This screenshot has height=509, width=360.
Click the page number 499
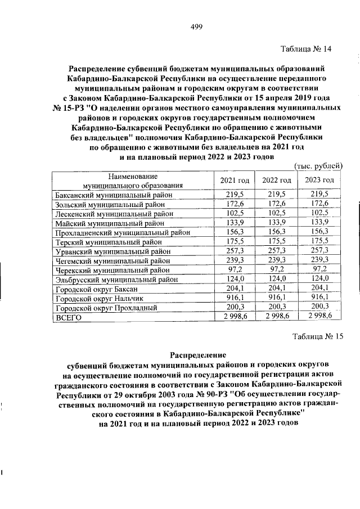point(196,27)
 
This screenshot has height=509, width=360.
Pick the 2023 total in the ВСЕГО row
point(319,317)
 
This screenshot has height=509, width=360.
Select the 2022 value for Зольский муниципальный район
point(277,204)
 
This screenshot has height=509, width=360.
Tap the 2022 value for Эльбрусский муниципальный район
point(277,279)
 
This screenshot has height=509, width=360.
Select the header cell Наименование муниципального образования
point(133,180)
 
